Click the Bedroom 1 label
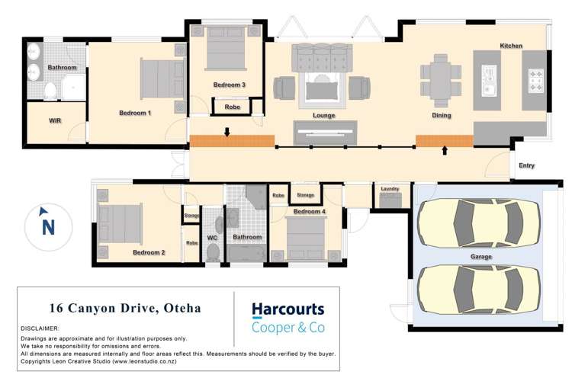[x=135, y=113]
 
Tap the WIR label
[x=55, y=121]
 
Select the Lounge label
[x=324, y=116]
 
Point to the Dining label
[x=441, y=116]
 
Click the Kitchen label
[x=511, y=46]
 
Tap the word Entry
[x=526, y=165]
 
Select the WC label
[x=213, y=238]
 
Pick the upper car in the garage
[x=480, y=222]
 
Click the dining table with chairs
[x=441, y=78]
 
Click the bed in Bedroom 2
[x=121, y=222]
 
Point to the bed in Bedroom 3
[x=227, y=50]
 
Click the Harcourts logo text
[x=288, y=309]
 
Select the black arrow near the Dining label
[x=445, y=151]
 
